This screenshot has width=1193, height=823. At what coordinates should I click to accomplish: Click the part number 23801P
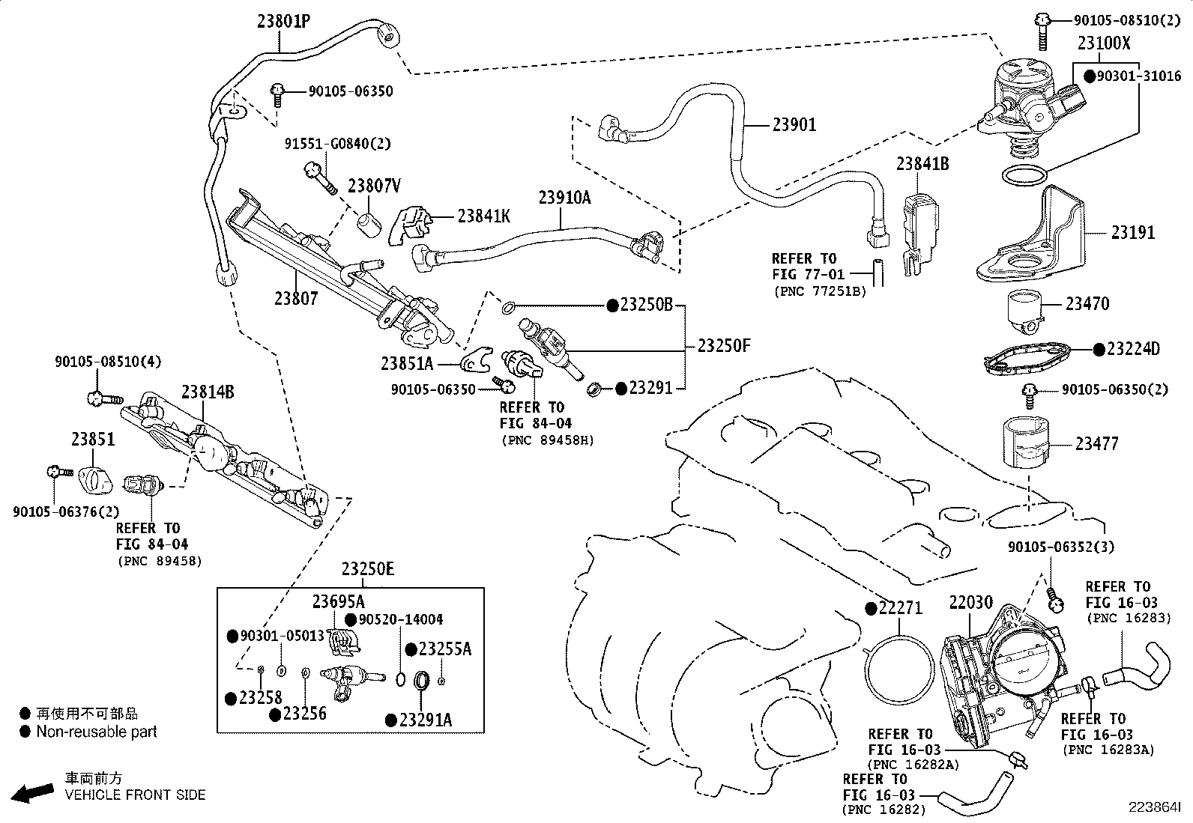click(x=284, y=21)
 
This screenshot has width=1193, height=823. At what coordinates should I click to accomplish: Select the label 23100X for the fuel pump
click(x=1104, y=43)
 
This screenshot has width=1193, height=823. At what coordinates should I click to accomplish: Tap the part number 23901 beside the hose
click(x=794, y=124)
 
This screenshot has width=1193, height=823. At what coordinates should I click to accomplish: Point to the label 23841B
click(x=922, y=163)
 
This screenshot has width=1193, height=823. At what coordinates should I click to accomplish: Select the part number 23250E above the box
click(x=367, y=568)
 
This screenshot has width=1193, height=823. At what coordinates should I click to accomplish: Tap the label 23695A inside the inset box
click(x=338, y=601)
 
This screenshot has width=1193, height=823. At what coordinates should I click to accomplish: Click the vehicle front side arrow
click(x=32, y=793)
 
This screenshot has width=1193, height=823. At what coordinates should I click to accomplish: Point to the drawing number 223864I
click(x=1155, y=807)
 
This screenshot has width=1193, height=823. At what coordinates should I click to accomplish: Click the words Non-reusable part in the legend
click(x=97, y=732)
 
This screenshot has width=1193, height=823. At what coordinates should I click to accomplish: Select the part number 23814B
click(x=208, y=392)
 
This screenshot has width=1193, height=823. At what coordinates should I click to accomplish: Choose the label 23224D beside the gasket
click(x=1133, y=349)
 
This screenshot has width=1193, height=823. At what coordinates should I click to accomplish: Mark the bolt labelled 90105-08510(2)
click(x=1042, y=32)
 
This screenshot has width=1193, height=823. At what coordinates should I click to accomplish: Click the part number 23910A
click(x=564, y=198)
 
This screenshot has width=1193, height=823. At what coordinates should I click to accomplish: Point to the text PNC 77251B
click(x=820, y=291)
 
